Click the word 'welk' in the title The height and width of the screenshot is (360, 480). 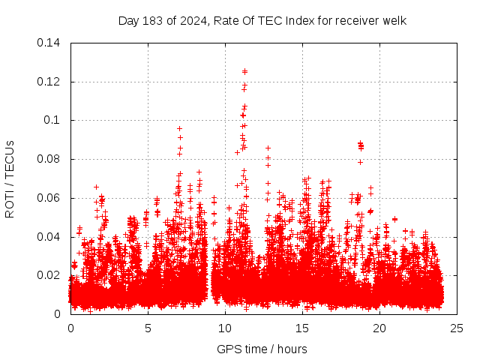pos(394,20)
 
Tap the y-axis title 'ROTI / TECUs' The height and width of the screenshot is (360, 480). pos(10,178)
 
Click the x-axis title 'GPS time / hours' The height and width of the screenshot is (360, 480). pos(262,349)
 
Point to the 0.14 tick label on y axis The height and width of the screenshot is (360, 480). pos(50,43)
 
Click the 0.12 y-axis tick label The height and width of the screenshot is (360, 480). pos(50,82)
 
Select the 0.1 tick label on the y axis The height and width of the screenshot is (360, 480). pos(53,120)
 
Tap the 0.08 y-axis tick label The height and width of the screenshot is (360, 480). pos(50,159)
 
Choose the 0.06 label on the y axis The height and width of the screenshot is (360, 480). pos(50,198)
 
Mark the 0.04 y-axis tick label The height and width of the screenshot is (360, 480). pos(50,237)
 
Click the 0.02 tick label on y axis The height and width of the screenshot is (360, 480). pos(50,275)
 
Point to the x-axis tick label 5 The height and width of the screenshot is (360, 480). pos(148,328)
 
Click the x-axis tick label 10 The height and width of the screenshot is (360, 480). pos(225,328)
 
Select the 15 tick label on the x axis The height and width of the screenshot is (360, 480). pos(302,328)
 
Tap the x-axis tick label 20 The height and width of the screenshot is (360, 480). pos(379,328)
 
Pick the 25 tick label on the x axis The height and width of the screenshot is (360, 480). pos(457,328)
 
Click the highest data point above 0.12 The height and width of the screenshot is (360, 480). pos(244,71)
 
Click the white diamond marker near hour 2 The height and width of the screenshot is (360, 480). pos(107,285)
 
